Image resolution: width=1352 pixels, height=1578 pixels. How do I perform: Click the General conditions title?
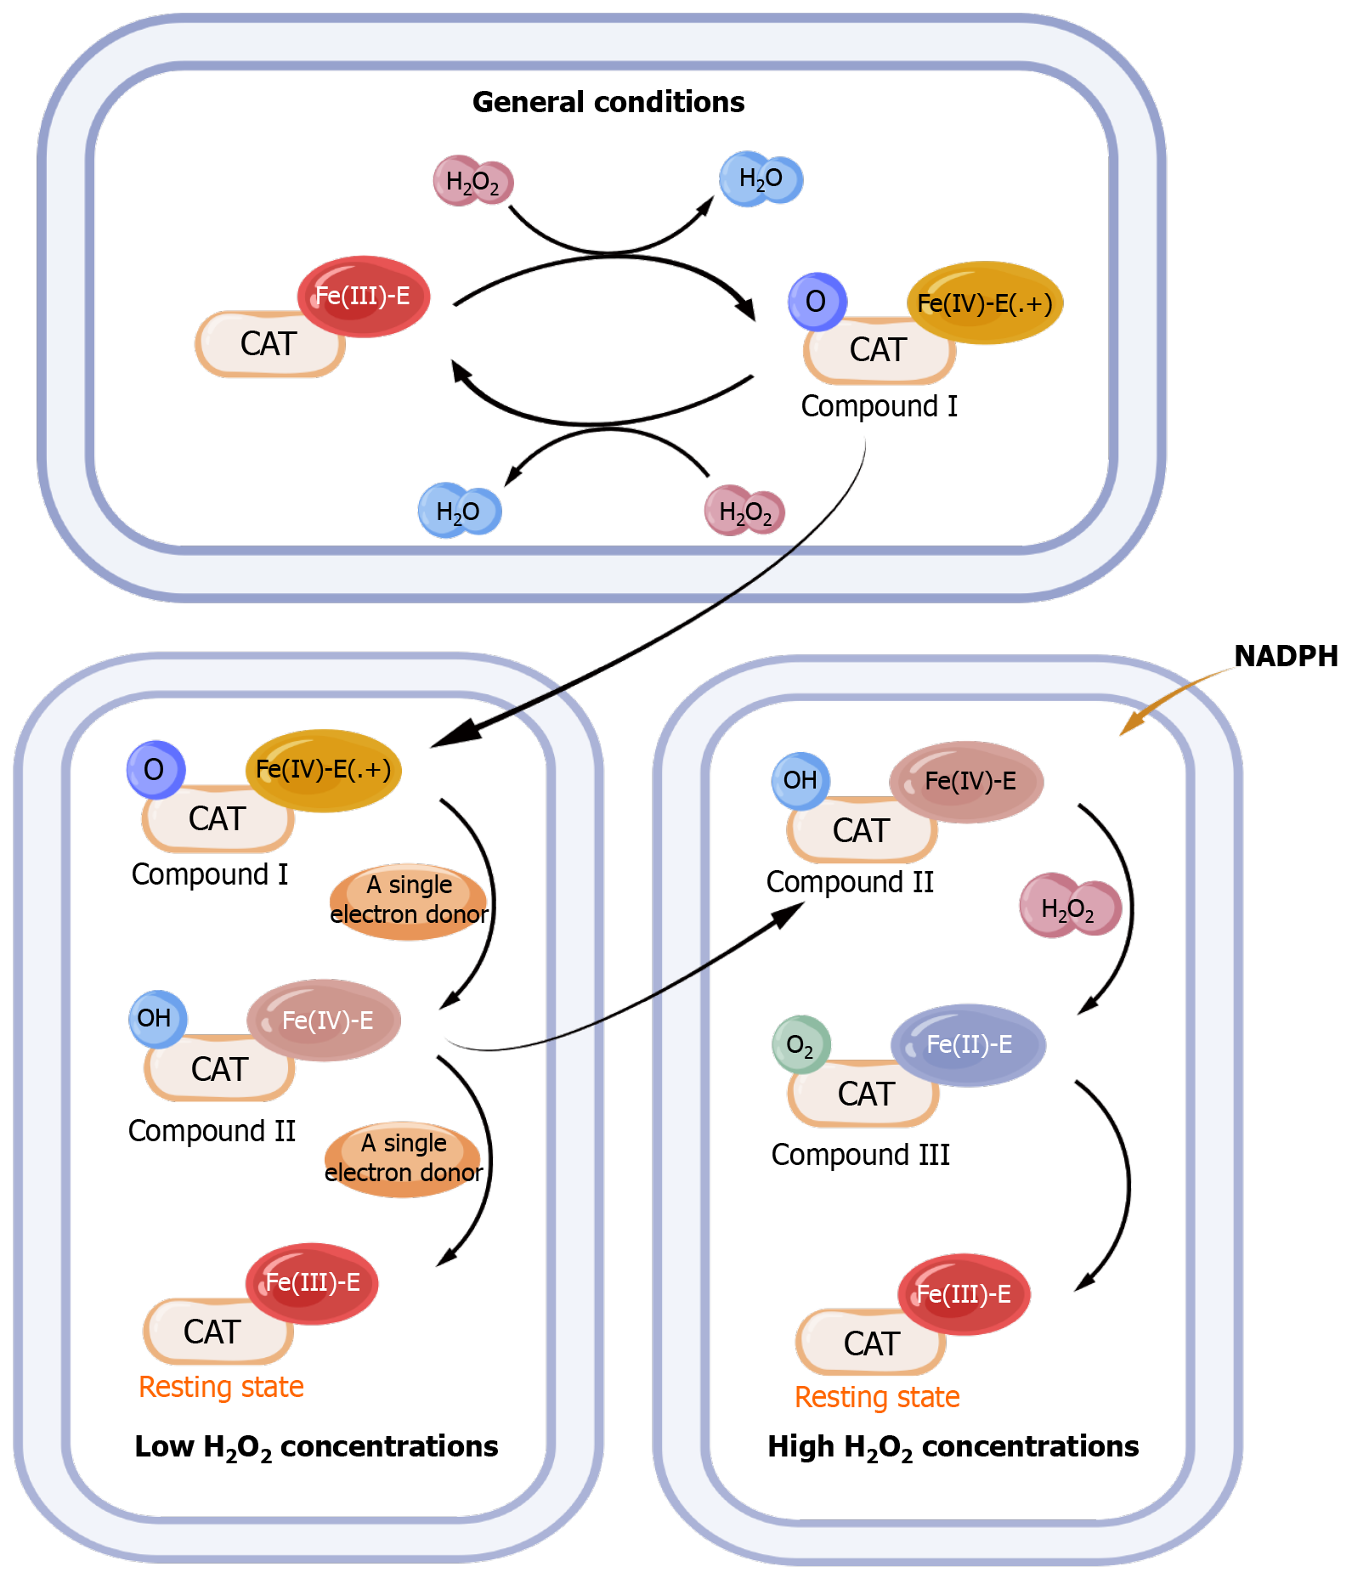coord(608,102)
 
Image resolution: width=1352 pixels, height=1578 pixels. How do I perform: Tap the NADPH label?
coord(1285,656)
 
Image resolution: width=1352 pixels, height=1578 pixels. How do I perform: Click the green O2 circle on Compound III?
coord(800,1044)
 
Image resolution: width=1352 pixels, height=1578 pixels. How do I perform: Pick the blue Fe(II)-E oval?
coord(968,1045)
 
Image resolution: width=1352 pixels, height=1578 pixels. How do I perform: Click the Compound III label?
coord(860,1155)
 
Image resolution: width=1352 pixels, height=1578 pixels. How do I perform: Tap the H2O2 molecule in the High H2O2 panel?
coord(1070,907)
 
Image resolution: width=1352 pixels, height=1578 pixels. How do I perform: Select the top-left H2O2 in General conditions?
coord(472,181)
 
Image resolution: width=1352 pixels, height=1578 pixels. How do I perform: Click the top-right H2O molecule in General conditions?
coord(761,178)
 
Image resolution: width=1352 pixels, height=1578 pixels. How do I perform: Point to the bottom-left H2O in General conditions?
coord(459,511)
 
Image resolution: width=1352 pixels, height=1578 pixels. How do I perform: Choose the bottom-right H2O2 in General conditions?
coord(744,512)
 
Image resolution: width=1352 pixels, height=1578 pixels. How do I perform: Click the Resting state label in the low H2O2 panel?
coord(221,1387)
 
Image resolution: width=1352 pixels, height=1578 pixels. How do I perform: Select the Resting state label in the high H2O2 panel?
coord(877,1397)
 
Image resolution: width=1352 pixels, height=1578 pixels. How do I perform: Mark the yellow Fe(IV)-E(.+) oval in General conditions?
coord(985,303)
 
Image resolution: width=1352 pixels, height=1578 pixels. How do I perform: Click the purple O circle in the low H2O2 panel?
coord(155,770)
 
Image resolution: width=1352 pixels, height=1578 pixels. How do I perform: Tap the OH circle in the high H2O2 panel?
coord(800,780)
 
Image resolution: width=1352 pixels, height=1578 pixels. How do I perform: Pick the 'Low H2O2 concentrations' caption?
coord(316,1447)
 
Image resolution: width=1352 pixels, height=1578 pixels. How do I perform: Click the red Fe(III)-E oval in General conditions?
coord(363,296)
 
